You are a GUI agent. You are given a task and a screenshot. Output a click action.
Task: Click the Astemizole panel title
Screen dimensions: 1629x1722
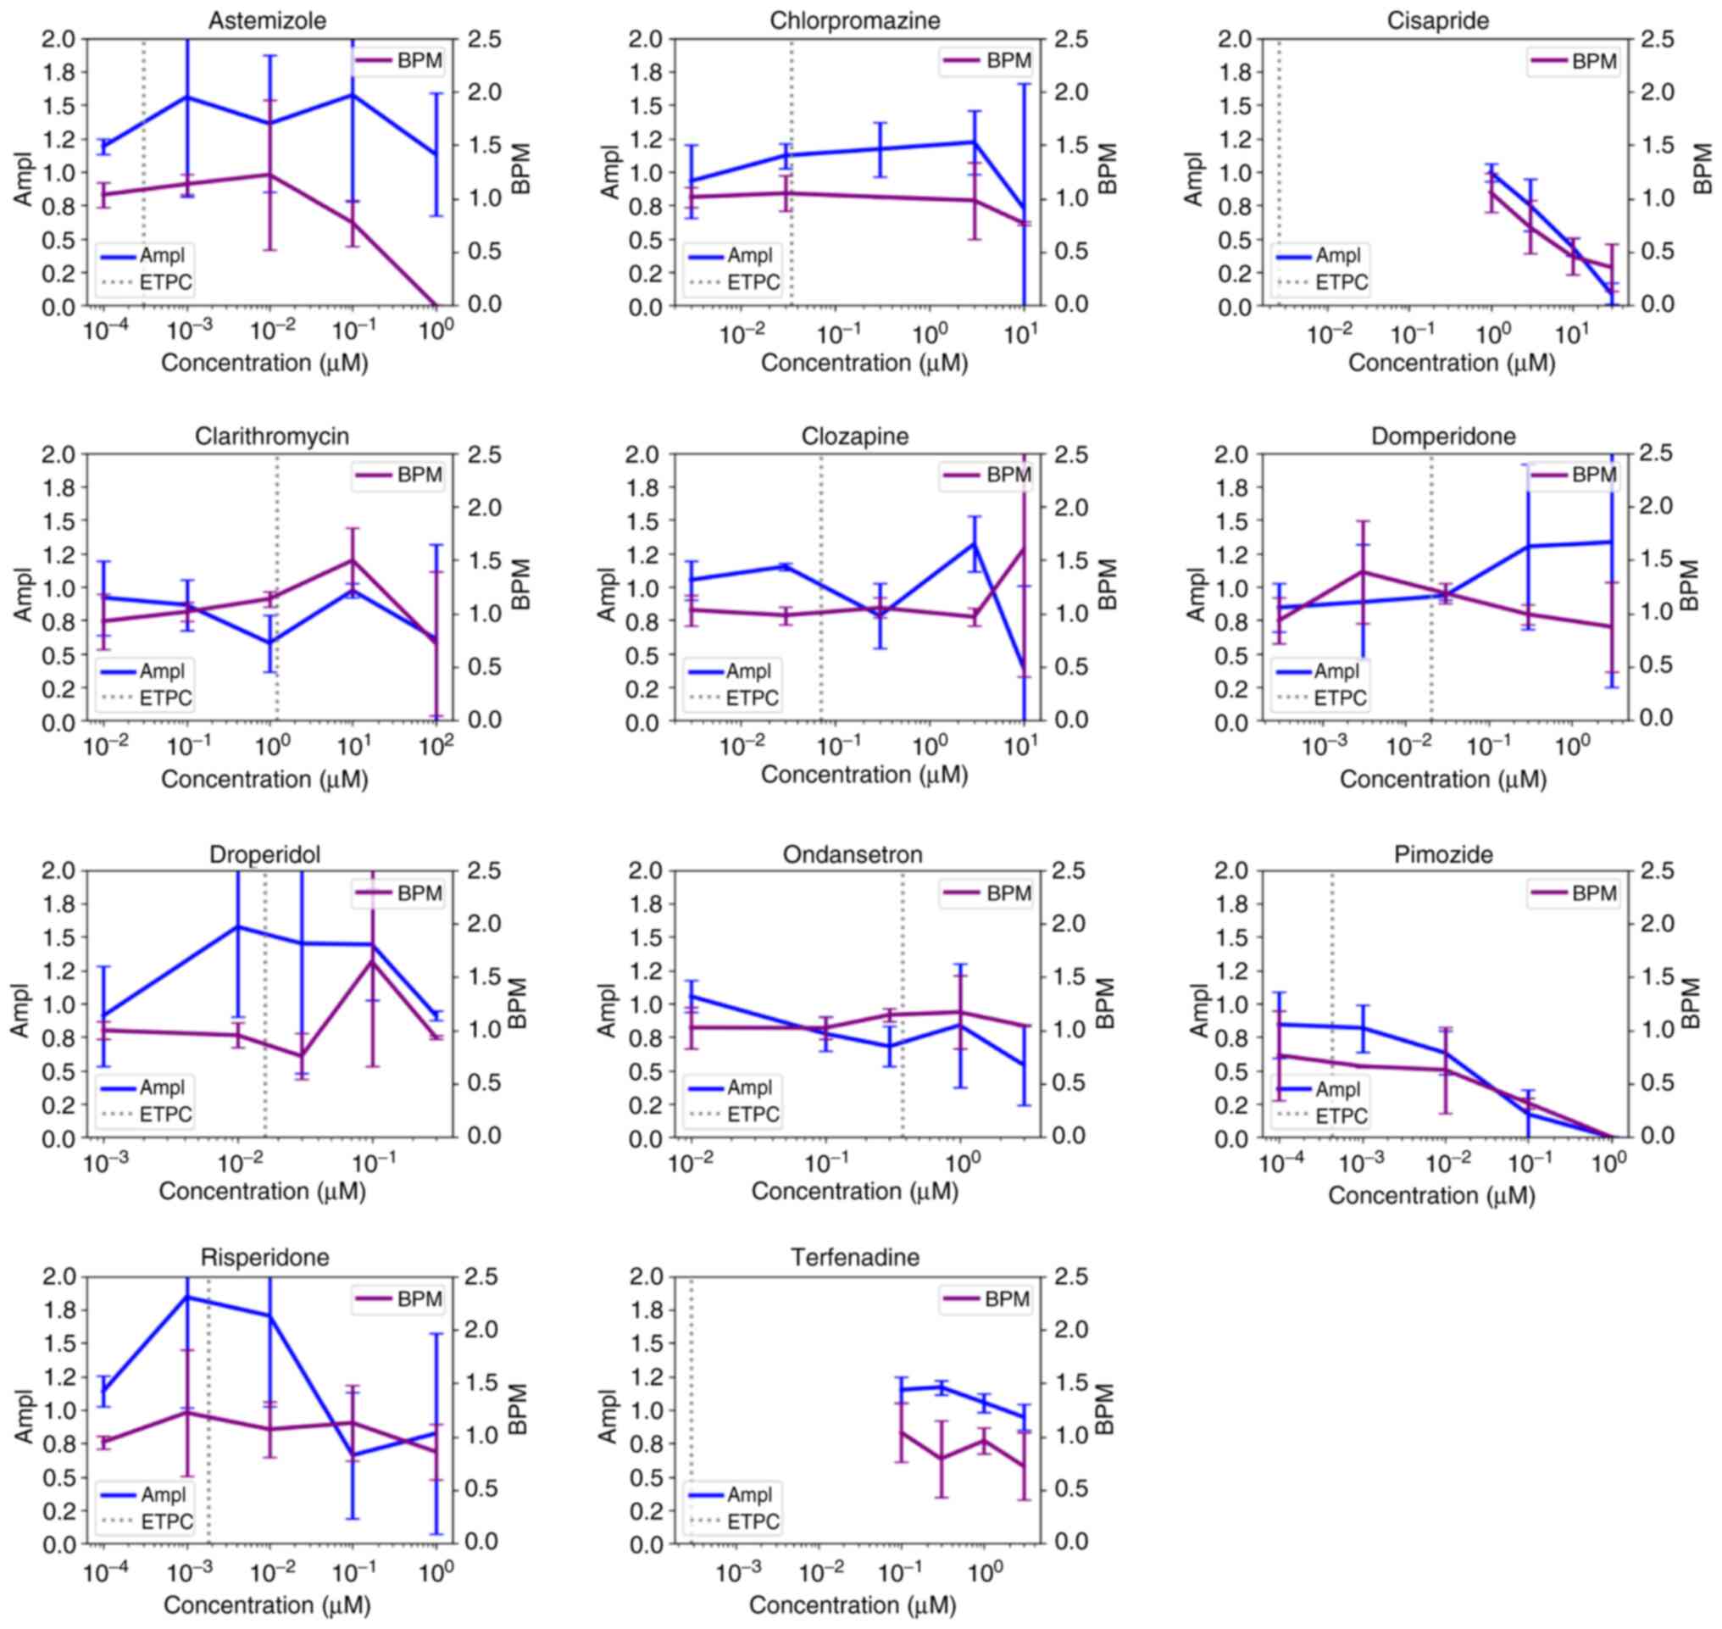[267, 20]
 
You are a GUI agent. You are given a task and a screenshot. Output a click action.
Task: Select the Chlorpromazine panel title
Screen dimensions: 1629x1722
[854, 20]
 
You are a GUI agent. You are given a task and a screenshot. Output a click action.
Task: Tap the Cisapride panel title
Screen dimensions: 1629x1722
[1437, 20]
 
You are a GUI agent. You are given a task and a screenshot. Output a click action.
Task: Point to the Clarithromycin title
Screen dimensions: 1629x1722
[272, 436]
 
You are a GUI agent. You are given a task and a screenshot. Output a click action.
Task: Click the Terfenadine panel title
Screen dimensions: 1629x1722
[854, 1258]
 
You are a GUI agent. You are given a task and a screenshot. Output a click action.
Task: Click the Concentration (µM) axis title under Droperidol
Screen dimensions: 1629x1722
[262, 1191]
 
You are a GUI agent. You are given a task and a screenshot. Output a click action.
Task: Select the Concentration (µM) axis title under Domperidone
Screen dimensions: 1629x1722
[1442, 779]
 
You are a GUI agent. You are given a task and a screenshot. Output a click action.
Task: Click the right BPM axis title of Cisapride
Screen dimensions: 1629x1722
[1703, 170]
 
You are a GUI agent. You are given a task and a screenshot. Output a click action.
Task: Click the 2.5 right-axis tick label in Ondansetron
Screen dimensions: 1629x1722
[1068, 871]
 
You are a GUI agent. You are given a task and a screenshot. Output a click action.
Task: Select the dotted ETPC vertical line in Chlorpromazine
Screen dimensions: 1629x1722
[792, 174]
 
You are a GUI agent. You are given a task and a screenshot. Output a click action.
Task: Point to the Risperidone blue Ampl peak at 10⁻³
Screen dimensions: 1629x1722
[187, 1297]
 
